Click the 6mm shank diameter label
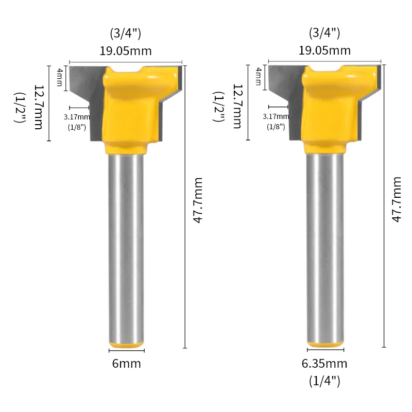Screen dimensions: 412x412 126,364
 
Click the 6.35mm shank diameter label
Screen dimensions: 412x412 324,364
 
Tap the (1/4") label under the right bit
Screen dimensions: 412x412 324,381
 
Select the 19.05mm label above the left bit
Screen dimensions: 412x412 126,50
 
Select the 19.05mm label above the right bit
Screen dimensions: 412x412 324,50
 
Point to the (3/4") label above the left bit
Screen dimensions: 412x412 126,34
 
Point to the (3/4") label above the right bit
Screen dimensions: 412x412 324,34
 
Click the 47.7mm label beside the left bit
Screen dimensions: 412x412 198,200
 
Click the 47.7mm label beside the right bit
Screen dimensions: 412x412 397,200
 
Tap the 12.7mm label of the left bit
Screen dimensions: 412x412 38,107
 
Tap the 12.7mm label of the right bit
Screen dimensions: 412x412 237,107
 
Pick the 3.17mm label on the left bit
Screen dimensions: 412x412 76,117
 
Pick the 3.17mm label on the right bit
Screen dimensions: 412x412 276,117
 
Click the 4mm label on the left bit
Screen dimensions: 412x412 59,77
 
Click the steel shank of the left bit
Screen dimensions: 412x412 126,247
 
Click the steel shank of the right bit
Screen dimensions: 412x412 325,247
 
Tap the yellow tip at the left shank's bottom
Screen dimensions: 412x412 126,344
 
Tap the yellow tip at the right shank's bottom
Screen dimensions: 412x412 325,344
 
